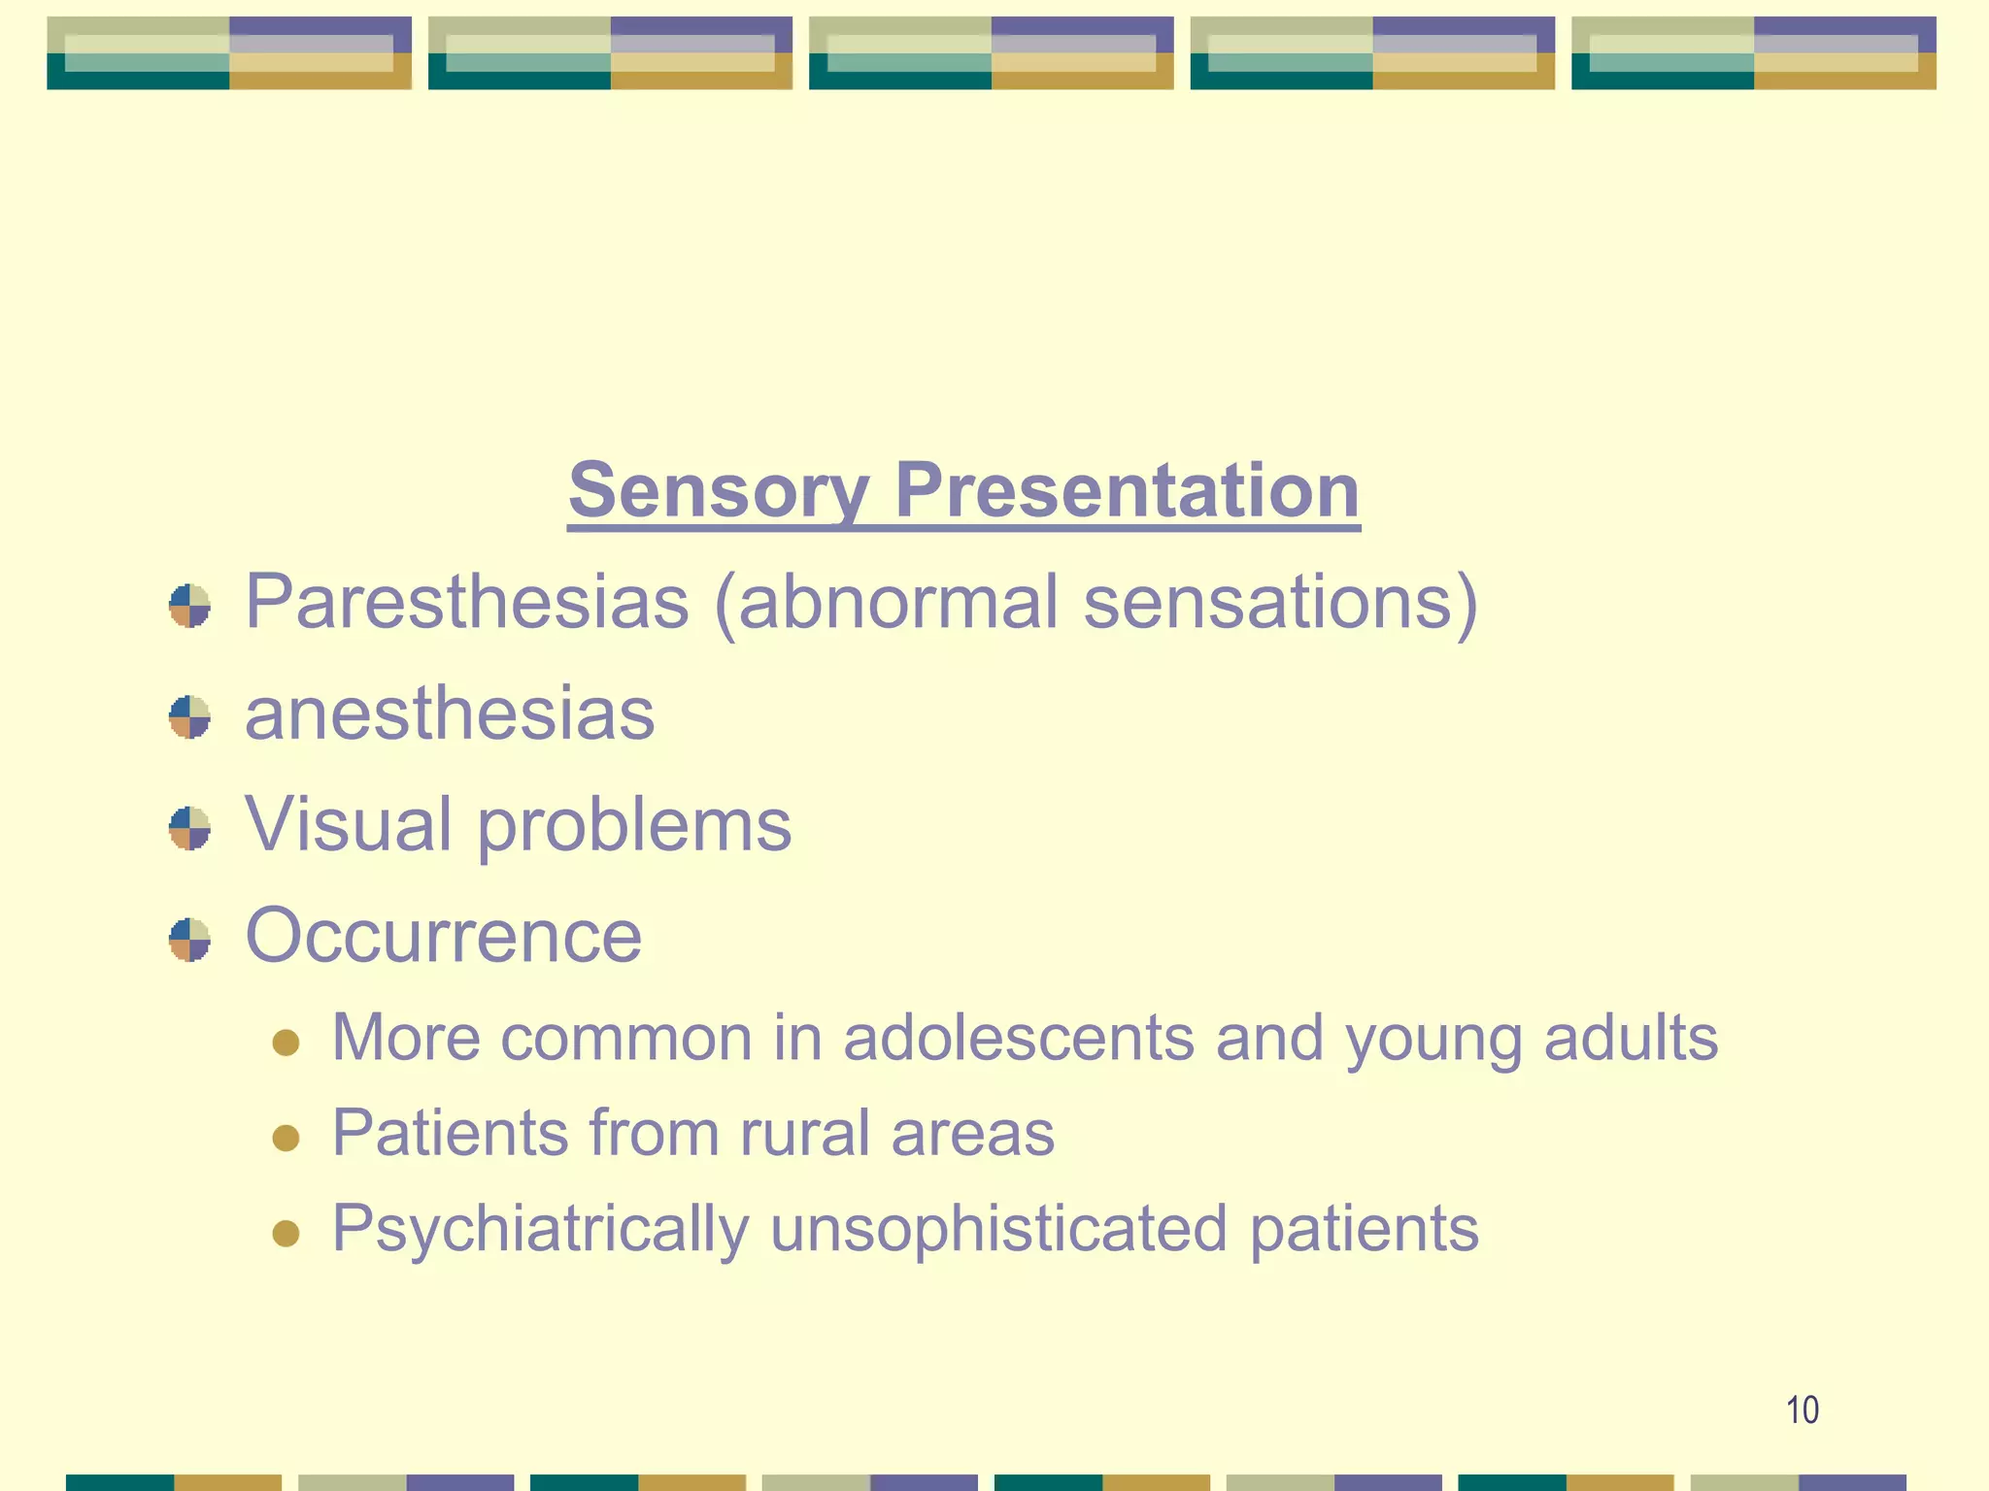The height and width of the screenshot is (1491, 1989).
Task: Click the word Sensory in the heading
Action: [x=718, y=491]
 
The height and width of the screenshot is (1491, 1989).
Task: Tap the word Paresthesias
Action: [x=467, y=602]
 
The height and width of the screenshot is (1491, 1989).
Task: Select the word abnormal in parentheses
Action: [x=897, y=602]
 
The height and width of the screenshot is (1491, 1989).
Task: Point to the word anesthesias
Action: [x=450, y=713]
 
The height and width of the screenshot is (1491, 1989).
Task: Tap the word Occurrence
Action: [x=443, y=936]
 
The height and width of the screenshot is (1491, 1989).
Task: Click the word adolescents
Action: [x=1018, y=1037]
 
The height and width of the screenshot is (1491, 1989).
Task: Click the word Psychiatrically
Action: [x=540, y=1229]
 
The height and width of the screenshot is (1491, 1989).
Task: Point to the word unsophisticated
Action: [x=998, y=1229]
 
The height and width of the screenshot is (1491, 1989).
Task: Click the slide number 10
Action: [x=1802, y=1409]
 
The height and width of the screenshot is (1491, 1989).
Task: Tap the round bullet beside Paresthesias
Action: [x=189, y=606]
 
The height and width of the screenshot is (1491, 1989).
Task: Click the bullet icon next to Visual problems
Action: [x=189, y=828]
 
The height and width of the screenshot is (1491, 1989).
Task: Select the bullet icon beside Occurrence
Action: [x=189, y=940]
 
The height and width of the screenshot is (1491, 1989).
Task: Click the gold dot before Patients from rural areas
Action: [x=286, y=1138]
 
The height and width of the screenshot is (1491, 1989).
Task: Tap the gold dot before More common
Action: [x=286, y=1043]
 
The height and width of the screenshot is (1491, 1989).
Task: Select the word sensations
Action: [x=1279, y=602]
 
